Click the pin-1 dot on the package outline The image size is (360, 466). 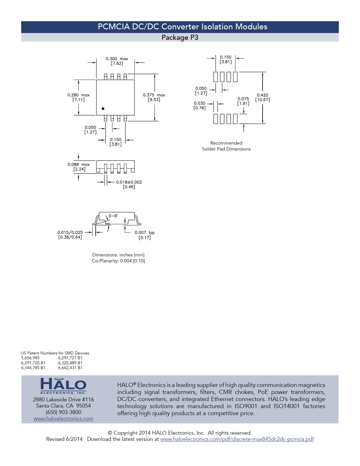coord(103,109)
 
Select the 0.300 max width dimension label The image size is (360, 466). coord(117,61)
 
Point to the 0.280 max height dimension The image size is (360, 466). coord(78,97)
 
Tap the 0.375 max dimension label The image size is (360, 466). coord(154,97)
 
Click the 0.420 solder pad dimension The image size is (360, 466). coord(262,97)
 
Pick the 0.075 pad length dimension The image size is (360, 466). coord(243,101)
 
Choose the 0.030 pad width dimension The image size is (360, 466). coord(199,106)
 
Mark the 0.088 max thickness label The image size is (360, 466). coord(79,167)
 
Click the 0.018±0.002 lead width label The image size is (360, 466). coord(129,184)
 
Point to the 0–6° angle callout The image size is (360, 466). coord(113,216)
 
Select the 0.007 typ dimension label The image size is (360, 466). coord(145,235)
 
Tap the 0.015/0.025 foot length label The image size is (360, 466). coord(70,235)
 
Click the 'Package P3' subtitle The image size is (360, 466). coord(180,37)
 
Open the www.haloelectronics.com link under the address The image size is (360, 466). coord(64,418)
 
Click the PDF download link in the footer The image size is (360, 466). coord(237,439)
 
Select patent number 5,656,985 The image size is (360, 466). coord(30,358)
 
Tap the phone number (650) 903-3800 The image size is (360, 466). coord(64,412)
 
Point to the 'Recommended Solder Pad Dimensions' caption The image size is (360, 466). coord(226,146)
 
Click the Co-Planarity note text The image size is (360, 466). coord(118,261)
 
